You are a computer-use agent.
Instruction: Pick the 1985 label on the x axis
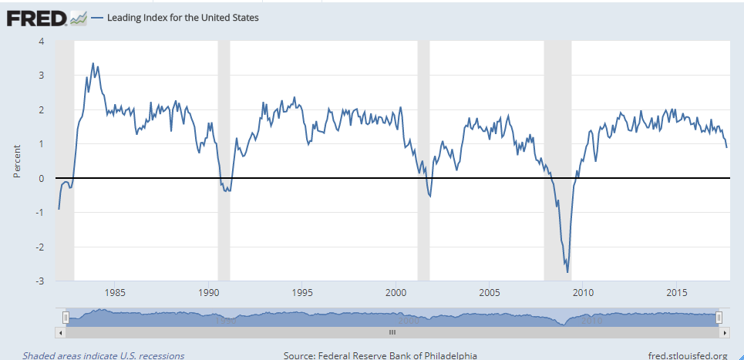(115, 293)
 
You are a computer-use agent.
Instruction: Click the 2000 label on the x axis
(396, 293)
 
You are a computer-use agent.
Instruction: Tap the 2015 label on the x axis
(677, 293)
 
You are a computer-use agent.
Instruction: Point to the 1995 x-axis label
(302, 293)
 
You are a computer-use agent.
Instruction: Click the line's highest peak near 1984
(93, 63)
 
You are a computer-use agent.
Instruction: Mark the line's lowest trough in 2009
(567, 271)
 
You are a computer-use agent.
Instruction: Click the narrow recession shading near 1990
(224, 154)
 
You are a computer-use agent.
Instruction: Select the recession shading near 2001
(422, 154)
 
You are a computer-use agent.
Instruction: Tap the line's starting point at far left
(59, 209)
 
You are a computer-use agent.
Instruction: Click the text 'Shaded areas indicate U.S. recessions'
(103, 355)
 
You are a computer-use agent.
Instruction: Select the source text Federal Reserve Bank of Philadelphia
(380, 355)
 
